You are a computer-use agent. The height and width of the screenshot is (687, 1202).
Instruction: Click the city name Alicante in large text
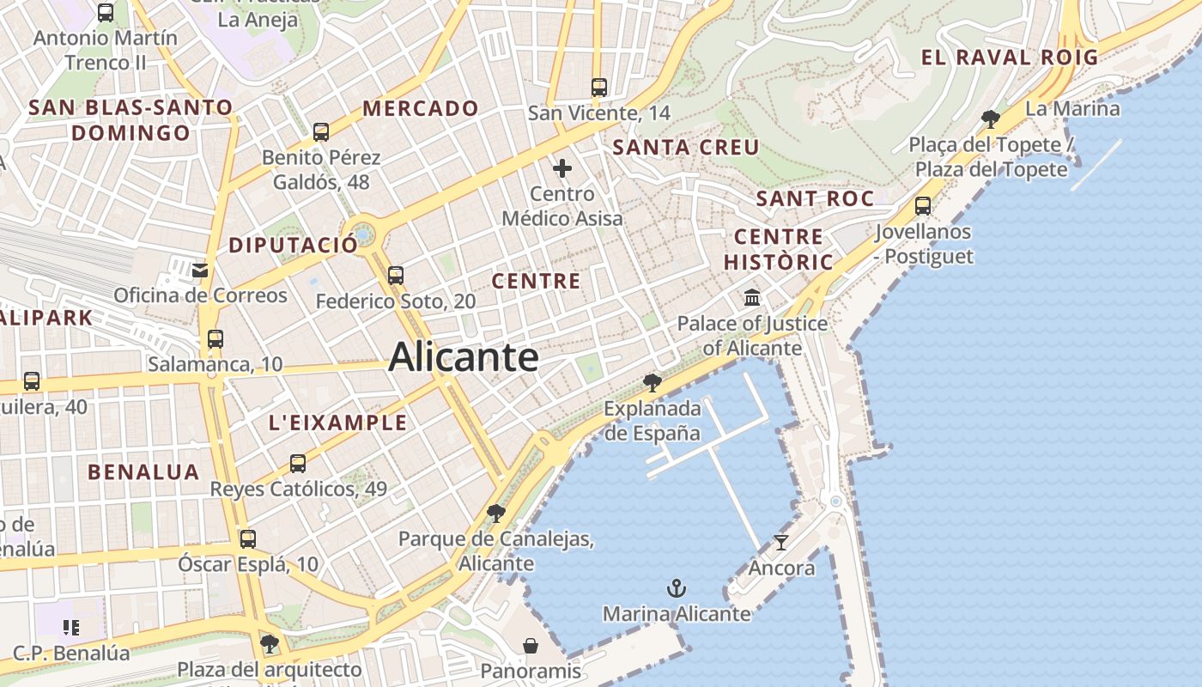pos(464,357)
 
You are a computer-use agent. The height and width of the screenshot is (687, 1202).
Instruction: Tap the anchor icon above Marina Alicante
pos(677,588)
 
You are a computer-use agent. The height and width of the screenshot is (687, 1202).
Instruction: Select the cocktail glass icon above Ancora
pos(780,542)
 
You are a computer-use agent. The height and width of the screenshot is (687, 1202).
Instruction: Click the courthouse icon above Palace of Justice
pos(752,298)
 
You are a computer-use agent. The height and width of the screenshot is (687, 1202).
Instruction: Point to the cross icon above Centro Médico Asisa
pos(562,168)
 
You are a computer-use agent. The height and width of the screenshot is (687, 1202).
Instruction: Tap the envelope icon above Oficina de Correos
pos(200,271)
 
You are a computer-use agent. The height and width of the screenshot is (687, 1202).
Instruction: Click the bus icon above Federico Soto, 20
pos(395,275)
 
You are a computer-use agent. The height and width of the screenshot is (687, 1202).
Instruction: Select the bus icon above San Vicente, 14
pos(598,87)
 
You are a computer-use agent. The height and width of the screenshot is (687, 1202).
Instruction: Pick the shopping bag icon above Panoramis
pos(531,645)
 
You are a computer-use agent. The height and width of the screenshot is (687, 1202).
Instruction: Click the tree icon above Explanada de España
pos(653,382)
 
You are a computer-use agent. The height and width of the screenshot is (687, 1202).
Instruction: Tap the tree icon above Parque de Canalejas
pos(495,514)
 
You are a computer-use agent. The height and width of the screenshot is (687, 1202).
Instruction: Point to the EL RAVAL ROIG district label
pos(1010,58)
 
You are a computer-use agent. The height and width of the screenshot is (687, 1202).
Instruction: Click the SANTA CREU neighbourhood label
pos(686,148)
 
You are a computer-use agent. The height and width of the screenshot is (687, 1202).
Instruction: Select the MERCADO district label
pos(421,108)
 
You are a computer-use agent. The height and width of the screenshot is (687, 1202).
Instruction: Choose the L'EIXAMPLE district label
pos(338,423)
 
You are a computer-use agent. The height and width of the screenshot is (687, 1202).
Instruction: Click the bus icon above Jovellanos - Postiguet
pos(923,205)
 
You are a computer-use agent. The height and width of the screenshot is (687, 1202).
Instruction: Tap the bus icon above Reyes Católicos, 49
pos(298,464)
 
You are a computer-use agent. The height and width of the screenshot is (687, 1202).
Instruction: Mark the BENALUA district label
pos(143,471)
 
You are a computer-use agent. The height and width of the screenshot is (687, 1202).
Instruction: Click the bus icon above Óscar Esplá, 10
pos(247,539)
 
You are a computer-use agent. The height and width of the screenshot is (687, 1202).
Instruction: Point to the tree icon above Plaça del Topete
pos(991,119)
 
